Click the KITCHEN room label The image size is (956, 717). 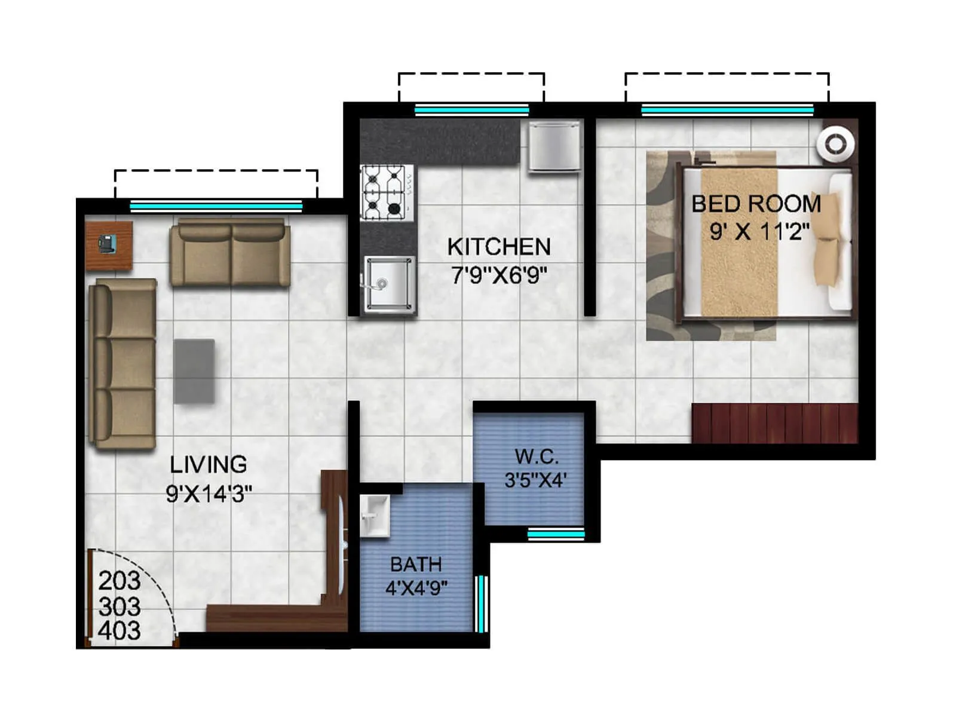499,246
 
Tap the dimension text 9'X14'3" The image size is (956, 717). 209,494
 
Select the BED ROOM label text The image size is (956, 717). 756,204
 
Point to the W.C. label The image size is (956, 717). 537,457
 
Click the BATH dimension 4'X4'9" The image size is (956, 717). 416,589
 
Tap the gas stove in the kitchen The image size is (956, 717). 387,192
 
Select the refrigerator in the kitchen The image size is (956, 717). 554,146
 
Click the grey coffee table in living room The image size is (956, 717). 194,370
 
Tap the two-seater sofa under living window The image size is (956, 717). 230,253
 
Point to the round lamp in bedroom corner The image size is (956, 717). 835,144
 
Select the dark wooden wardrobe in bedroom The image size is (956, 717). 774,424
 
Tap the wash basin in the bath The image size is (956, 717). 374,516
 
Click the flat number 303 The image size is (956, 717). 119,606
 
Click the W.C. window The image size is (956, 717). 556,534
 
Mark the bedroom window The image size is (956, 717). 727,110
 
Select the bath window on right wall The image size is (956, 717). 480,603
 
